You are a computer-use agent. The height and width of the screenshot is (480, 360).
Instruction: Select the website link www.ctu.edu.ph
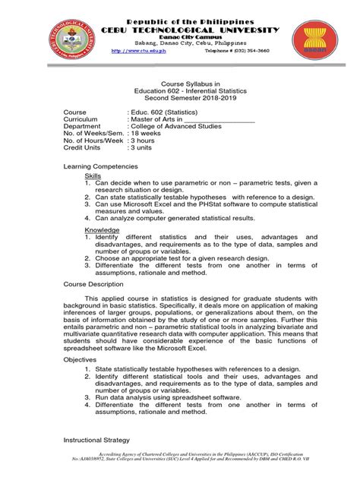[x=141, y=51]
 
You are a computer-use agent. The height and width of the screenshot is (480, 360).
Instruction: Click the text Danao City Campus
[x=179, y=37]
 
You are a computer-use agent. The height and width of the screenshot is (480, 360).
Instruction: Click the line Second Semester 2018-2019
[x=179, y=97]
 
